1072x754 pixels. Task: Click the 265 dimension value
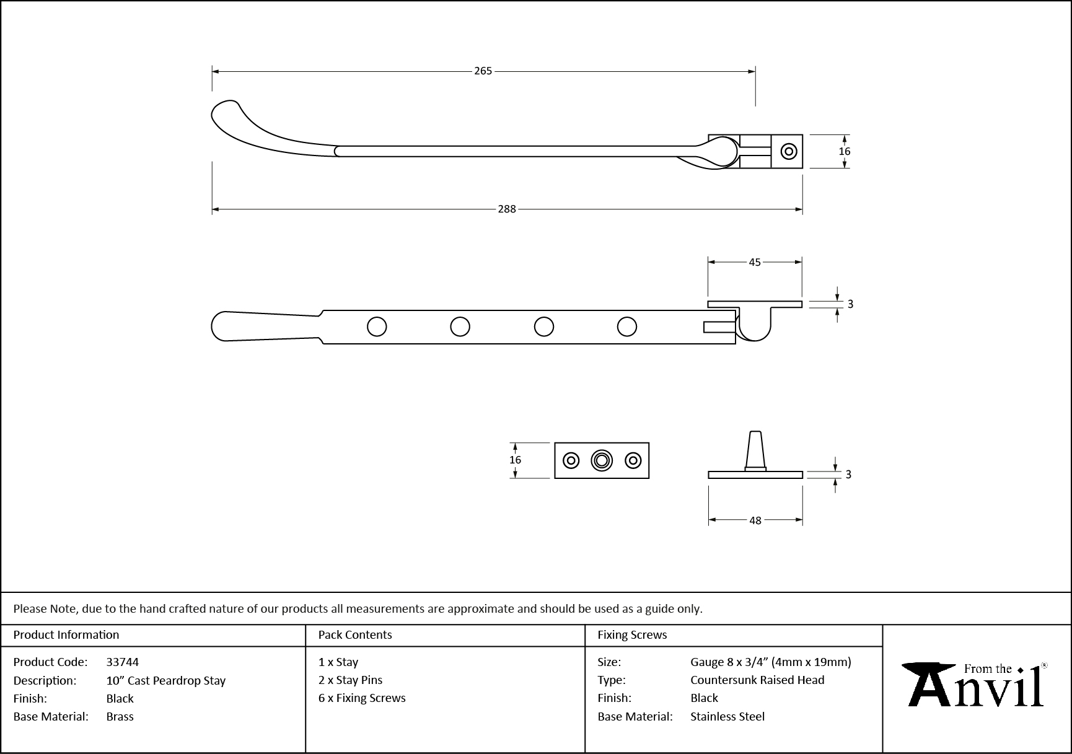(x=483, y=71)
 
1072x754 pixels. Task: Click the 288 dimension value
(x=506, y=209)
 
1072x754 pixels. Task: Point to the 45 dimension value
(x=754, y=262)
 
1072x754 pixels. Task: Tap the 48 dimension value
(x=755, y=520)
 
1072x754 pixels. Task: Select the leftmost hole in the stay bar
(x=377, y=327)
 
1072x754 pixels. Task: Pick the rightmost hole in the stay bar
(x=627, y=327)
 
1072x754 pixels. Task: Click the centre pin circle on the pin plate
(x=601, y=460)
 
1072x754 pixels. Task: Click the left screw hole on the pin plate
(x=571, y=460)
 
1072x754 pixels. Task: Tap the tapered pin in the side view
(x=755, y=450)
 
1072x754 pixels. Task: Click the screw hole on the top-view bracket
(x=789, y=151)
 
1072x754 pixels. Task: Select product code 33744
(x=123, y=662)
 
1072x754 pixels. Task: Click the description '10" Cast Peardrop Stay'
(x=166, y=680)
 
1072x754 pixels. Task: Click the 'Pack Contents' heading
(x=355, y=635)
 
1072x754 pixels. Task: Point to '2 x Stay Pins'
(x=351, y=680)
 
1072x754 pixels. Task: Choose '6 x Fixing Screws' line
(x=362, y=698)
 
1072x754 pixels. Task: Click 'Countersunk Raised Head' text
(x=757, y=680)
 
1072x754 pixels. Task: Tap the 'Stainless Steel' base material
(x=727, y=716)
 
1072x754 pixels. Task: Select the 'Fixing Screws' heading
(x=632, y=635)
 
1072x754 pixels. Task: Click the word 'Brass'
(x=120, y=716)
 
